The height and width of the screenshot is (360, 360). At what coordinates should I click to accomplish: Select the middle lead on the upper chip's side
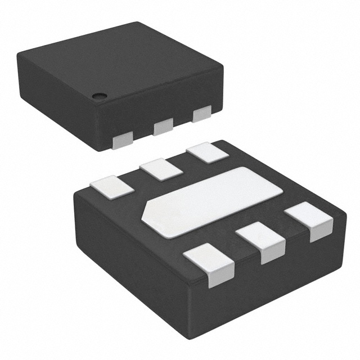coord(163,126)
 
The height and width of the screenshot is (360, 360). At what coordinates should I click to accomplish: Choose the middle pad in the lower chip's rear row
coord(161,169)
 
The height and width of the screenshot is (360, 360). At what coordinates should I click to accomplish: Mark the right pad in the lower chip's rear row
coord(205,153)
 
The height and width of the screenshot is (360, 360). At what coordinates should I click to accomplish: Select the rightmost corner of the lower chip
coord(344,217)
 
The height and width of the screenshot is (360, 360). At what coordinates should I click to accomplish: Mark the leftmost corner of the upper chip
coord(17,53)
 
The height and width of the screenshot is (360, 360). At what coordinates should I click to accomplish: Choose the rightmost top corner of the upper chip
coord(223,67)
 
